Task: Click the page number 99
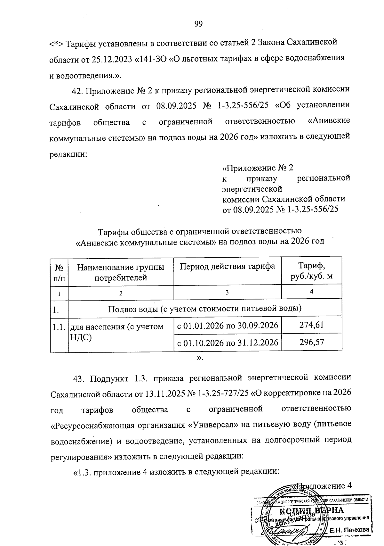198,24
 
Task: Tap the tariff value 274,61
311,325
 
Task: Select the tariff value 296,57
311,342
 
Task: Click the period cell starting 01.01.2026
228,326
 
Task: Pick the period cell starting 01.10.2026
228,343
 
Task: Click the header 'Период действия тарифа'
227,267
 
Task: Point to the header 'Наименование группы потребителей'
121,272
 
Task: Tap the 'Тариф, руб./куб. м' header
311,271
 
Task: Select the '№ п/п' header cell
59,272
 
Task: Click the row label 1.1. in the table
59,327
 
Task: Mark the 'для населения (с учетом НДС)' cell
117,331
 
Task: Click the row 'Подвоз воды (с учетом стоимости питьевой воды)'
205,309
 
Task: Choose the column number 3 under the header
227,292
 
